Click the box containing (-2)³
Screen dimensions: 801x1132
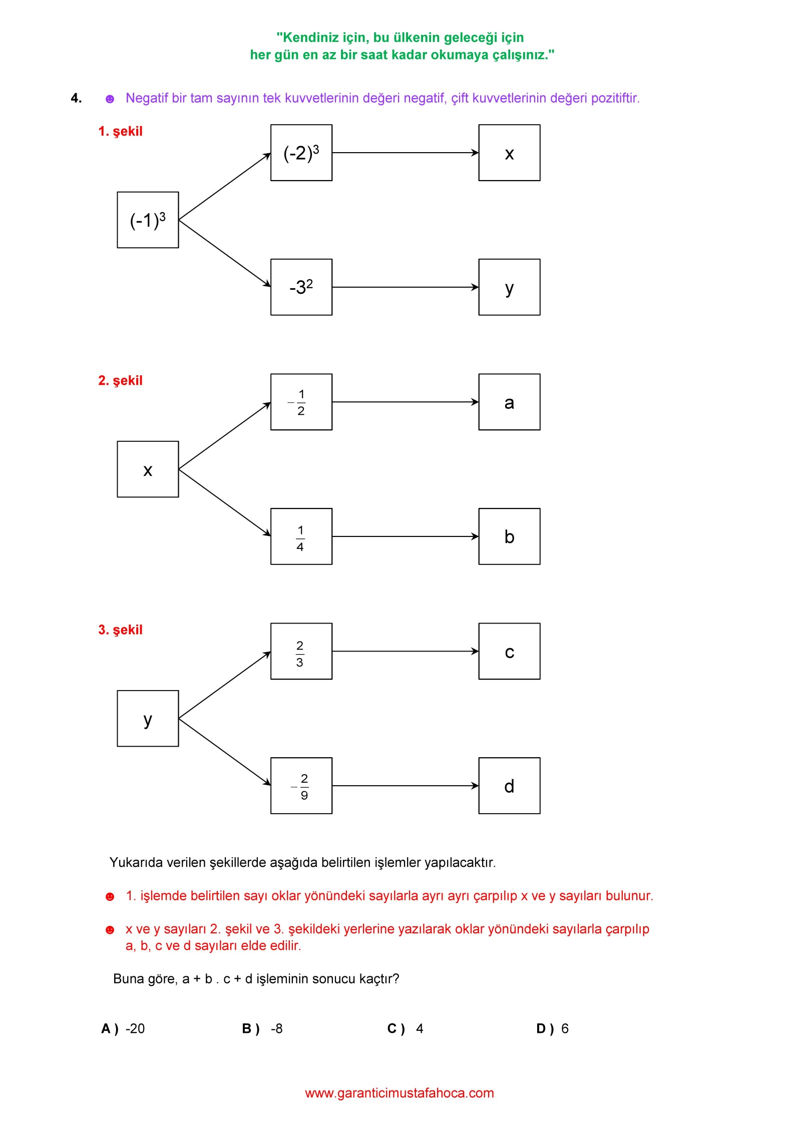click(301, 153)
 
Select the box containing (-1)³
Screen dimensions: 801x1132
click(148, 220)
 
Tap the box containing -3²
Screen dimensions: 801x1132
click(301, 287)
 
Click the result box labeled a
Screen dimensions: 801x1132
click(509, 402)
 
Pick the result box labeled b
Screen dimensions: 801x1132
click(509, 536)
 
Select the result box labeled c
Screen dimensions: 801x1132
click(509, 651)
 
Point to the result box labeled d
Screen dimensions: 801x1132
click(509, 786)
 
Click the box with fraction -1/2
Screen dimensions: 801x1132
click(301, 402)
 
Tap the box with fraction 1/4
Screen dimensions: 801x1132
click(301, 536)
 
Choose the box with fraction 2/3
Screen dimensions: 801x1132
click(301, 651)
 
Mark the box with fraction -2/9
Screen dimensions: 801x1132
click(301, 786)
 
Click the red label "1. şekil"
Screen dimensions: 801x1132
click(120, 132)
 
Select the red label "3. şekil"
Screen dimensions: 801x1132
click(120, 630)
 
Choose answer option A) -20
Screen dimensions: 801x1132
click(123, 1028)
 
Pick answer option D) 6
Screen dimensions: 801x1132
click(552, 1028)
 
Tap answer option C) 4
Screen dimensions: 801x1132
click(405, 1028)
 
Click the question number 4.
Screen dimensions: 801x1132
click(76, 98)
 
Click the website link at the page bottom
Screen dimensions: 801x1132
click(399, 1093)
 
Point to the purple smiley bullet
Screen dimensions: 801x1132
click(110, 99)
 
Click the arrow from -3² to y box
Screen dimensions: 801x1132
click(406, 287)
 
